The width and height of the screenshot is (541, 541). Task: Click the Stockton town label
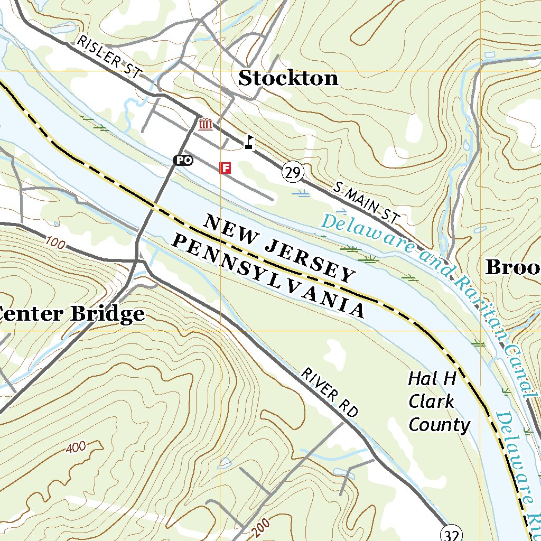288,78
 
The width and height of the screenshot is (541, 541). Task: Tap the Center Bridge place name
72,314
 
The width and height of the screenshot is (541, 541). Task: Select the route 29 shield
293,172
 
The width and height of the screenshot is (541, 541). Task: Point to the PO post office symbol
183,160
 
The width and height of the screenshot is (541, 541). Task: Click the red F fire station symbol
226,168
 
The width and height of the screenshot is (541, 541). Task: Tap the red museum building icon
205,125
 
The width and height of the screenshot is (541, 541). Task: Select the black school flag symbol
249,142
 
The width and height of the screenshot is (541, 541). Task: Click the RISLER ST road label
108,58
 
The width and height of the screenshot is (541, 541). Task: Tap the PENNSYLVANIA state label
269,276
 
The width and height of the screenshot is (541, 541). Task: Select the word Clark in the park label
431,402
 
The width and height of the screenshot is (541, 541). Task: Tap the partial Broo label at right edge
512,267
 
